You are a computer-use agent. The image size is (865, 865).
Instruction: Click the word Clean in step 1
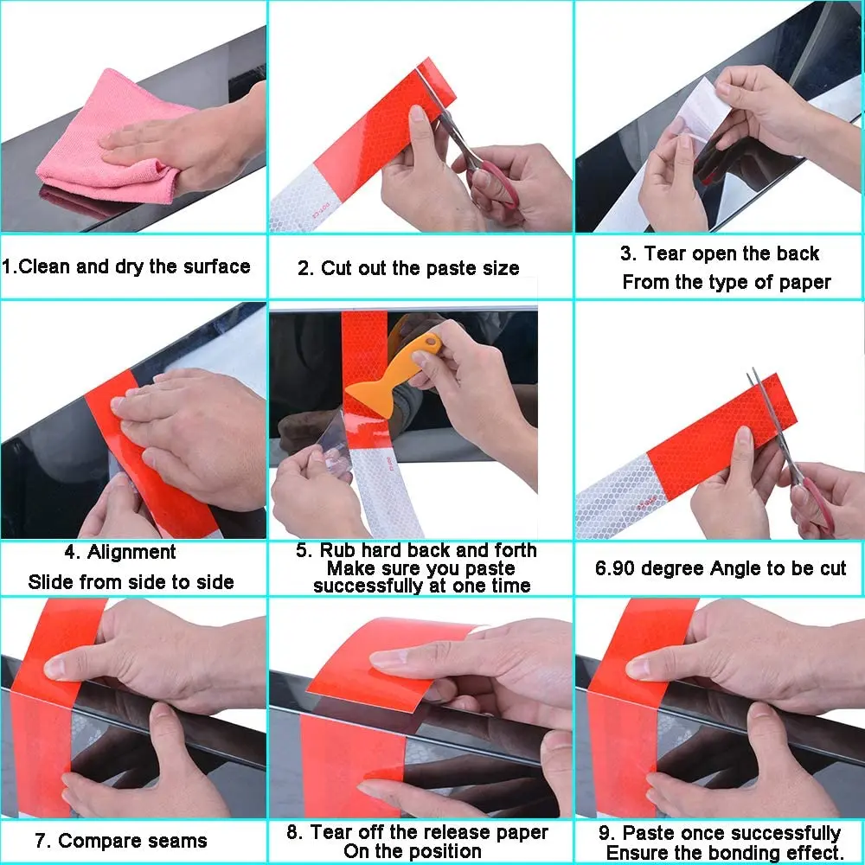[45, 266]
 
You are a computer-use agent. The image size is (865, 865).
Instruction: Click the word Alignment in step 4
[131, 552]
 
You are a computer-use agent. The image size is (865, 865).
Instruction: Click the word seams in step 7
[178, 841]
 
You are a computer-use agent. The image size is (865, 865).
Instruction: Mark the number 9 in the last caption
[605, 833]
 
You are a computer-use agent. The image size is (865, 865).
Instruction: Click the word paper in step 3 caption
[804, 283]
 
